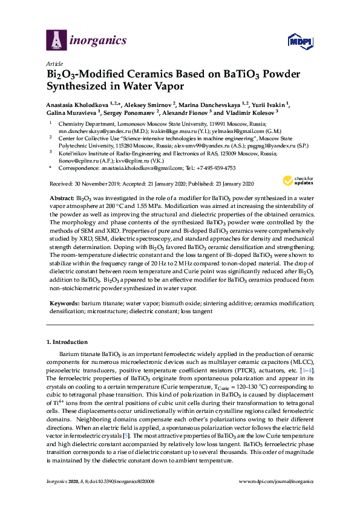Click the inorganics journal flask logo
(57, 40)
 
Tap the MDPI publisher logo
(303, 41)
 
